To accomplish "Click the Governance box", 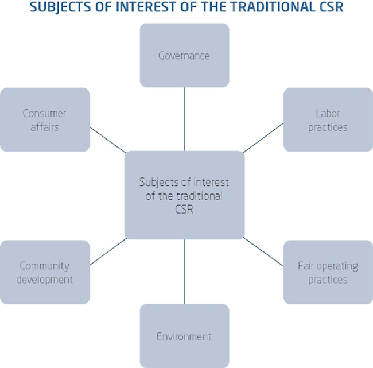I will point(184,55).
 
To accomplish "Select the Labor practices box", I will point(328,119).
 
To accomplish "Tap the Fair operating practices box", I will point(328,272).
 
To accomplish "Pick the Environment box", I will point(184,336).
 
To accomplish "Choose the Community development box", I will point(45,272).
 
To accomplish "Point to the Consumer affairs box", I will point(45,119).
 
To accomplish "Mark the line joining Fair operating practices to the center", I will point(264,253).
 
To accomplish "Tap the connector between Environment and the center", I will point(184,272).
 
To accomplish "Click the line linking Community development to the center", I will point(107,253).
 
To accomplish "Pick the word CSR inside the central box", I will point(184,210).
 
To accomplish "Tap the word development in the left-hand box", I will point(45,280).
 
